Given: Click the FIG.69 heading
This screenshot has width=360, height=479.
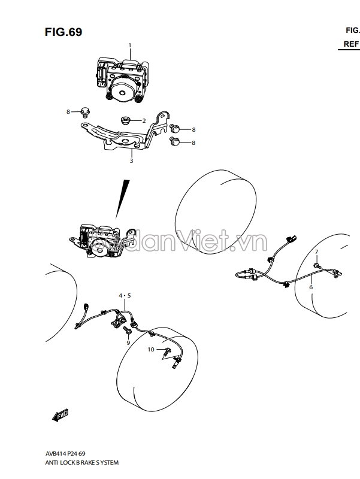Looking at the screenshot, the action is pyautogui.click(x=63, y=32).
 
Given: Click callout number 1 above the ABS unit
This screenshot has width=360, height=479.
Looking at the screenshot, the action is pyautogui.click(x=130, y=46).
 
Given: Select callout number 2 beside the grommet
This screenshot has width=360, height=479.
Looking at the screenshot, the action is pyautogui.click(x=144, y=121).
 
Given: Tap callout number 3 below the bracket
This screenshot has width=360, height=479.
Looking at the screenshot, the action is pyautogui.click(x=131, y=160).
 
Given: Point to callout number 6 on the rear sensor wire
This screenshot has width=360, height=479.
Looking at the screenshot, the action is pyautogui.click(x=311, y=287).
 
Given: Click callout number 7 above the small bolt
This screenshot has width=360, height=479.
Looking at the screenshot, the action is pyautogui.click(x=317, y=252).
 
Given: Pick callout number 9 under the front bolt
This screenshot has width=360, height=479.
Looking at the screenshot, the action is pyautogui.click(x=128, y=342).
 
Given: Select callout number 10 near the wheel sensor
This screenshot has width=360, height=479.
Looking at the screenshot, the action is pyautogui.click(x=151, y=349).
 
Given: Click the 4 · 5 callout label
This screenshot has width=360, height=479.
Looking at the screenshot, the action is pyautogui.click(x=125, y=296).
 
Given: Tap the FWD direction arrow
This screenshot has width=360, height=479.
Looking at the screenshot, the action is pyautogui.click(x=60, y=416).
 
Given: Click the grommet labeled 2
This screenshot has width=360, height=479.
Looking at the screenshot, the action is pyautogui.click(x=125, y=120).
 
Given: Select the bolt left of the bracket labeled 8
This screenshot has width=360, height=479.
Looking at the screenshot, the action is pyautogui.click(x=85, y=112).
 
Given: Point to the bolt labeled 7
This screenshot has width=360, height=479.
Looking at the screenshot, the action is pyautogui.click(x=317, y=266).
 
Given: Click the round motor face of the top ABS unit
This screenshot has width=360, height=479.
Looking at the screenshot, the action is pyautogui.click(x=122, y=91).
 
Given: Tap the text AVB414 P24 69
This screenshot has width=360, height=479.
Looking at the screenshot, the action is pyautogui.click(x=65, y=454).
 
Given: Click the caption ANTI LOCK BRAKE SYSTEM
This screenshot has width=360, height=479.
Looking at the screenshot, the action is pyautogui.click(x=82, y=462).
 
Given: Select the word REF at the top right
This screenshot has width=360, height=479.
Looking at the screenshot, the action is pyautogui.click(x=351, y=44).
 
